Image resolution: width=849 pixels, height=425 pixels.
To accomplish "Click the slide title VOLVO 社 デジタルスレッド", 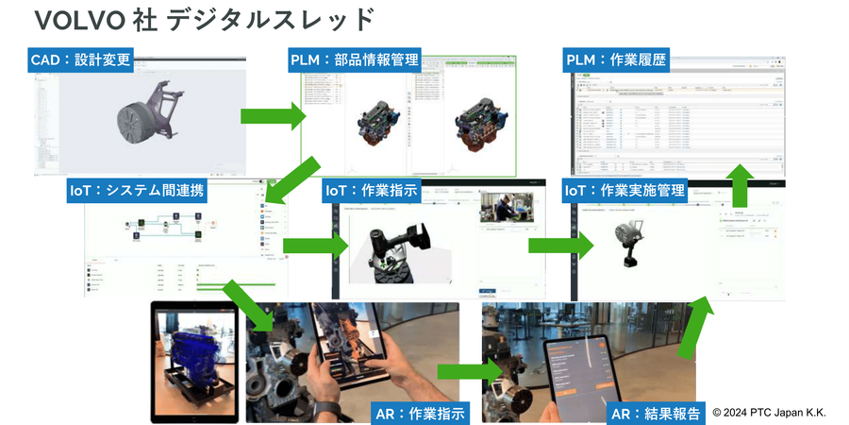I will click(203, 19).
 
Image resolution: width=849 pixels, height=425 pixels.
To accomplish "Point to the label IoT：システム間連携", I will click(138, 190).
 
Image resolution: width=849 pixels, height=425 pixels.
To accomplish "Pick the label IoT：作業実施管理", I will click(624, 190).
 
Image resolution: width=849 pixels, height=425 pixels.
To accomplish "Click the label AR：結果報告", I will click(657, 412).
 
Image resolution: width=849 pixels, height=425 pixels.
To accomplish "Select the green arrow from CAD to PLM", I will click(274, 116).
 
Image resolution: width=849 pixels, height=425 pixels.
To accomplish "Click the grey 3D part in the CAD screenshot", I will click(151, 118).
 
